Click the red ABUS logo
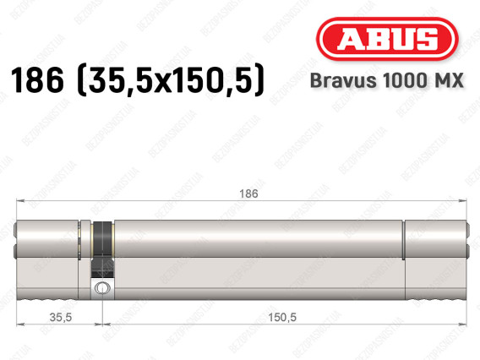click(x=387, y=39)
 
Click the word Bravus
click(x=343, y=80)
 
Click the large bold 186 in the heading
click(x=37, y=80)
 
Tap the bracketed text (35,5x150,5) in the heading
click(x=171, y=80)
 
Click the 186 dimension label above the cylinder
click(x=248, y=194)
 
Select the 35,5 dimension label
click(x=61, y=317)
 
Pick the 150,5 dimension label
click(x=282, y=317)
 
